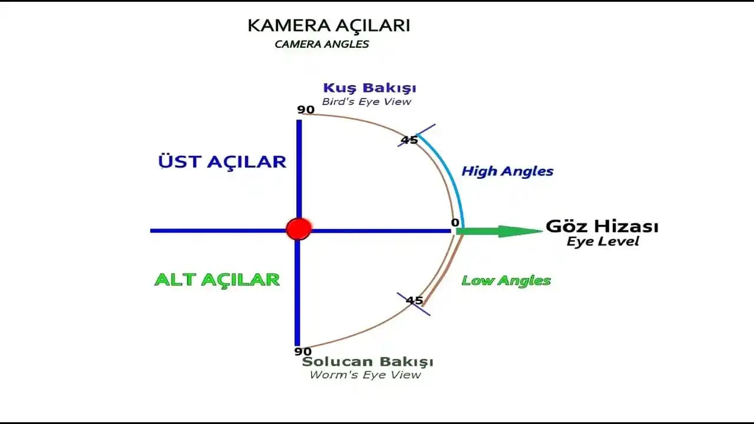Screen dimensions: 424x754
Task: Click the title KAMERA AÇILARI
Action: point(329,26)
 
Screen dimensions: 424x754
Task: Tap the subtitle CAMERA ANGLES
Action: point(322,44)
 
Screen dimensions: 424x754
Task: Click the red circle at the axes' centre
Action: point(299,228)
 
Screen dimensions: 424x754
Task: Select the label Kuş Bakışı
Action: point(369,88)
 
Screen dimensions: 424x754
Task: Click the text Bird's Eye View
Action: point(366,102)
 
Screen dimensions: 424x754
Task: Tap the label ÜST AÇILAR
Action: point(222,162)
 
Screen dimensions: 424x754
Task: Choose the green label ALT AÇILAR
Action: point(217,279)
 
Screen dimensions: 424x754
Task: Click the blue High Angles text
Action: point(507,171)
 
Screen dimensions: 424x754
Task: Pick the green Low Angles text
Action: point(506,280)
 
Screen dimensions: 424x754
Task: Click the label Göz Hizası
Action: point(602,226)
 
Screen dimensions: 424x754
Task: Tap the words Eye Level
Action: point(603,241)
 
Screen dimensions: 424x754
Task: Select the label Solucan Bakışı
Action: point(368,362)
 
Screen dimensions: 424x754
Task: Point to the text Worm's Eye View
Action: point(365,375)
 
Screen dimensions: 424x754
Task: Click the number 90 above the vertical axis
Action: point(306,110)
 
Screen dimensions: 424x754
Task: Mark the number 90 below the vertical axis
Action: point(303,352)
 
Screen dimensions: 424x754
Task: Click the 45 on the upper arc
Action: point(409,140)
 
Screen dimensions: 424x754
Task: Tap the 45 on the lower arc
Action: point(415,301)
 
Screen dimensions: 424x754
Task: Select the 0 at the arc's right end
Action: point(455,223)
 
